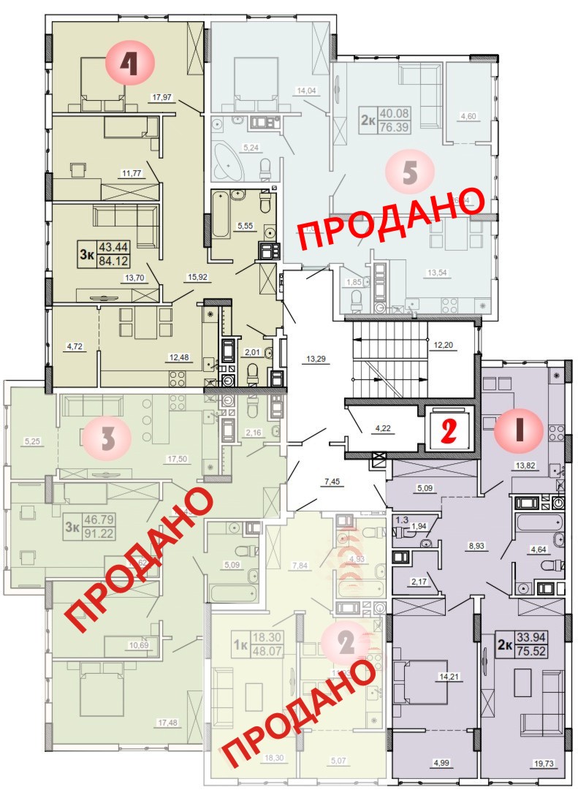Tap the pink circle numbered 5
click(x=410, y=172)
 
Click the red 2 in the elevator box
click(x=447, y=430)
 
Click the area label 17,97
click(x=165, y=97)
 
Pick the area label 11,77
click(x=132, y=173)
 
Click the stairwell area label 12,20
click(x=443, y=345)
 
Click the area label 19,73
click(x=541, y=763)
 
